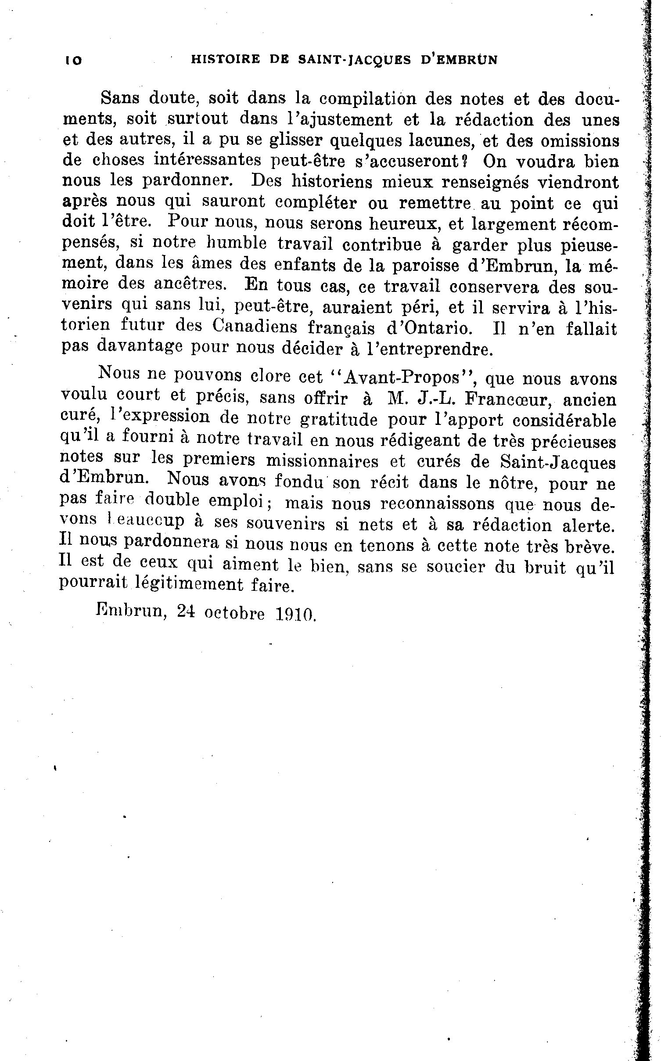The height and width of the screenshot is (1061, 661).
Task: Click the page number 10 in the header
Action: click(x=73, y=61)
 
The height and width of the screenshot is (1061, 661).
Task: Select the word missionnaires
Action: click(x=317, y=461)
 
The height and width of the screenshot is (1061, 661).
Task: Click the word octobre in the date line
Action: click(x=234, y=613)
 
